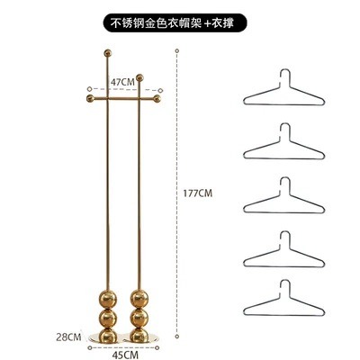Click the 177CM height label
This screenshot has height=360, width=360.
point(198,193)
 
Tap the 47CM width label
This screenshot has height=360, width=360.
point(122,82)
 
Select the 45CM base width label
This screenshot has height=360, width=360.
point(125,355)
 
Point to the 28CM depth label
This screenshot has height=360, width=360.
point(68,337)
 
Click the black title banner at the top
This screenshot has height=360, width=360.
point(175,22)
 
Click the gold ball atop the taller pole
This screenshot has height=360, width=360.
point(108,53)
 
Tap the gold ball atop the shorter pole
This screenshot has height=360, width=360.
point(139,77)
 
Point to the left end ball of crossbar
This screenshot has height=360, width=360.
point(90,98)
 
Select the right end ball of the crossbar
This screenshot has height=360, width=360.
point(157,98)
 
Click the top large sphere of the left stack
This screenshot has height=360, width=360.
point(108,299)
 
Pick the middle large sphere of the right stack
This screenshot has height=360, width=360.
point(139,318)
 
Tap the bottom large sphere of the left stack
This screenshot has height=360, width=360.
point(108,335)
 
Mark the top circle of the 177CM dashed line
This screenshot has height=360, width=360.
point(177,50)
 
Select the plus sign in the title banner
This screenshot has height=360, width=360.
point(208,23)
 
